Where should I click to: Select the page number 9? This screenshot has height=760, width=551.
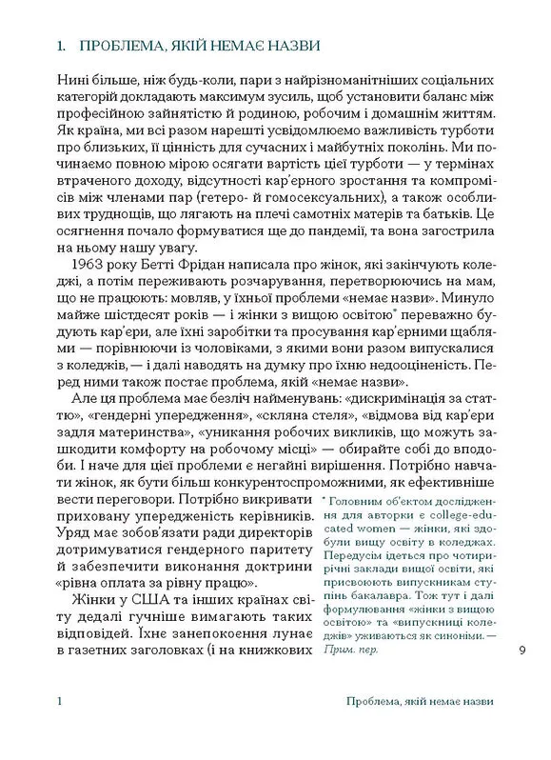tap(521, 651)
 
